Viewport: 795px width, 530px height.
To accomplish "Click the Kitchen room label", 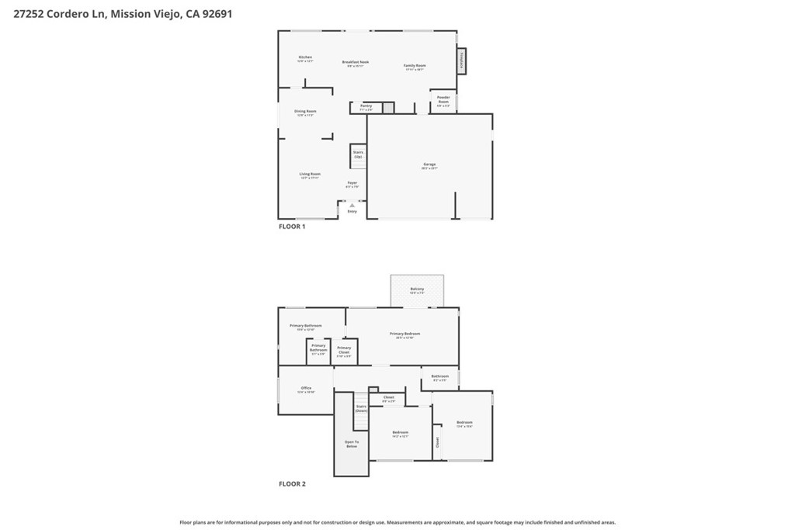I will (x=306, y=58).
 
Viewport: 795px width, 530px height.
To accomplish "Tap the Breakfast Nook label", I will (x=356, y=63).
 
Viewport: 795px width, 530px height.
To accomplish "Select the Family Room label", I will (x=415, y=67).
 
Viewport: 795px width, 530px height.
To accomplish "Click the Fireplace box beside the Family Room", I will (x=461, y=61).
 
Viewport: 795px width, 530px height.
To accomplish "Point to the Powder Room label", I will (x=443, y=100).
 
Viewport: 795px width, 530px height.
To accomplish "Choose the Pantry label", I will (x=366, y=107).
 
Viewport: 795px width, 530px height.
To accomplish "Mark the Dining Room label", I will (x=305, y=113).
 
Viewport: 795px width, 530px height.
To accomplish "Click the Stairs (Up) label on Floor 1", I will (x=358, y=154).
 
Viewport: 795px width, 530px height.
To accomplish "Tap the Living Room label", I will (x=310, y=175).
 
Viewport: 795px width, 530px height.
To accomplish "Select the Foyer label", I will (x=352, y=184).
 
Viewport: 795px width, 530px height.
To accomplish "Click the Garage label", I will (x=429, y=165).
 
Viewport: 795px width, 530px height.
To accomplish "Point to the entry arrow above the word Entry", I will (x=352, y=205).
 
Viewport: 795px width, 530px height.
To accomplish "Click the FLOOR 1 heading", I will (x=292, y=227).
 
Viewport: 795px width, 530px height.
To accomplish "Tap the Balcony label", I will (x=417, y=290).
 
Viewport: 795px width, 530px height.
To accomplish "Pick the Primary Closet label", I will (x=344, y=350).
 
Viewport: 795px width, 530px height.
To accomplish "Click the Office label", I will (x=306, y=390).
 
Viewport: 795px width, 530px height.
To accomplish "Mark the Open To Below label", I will (x=352, y=444).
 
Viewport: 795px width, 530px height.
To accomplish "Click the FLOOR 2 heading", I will (x=292, y=483).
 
